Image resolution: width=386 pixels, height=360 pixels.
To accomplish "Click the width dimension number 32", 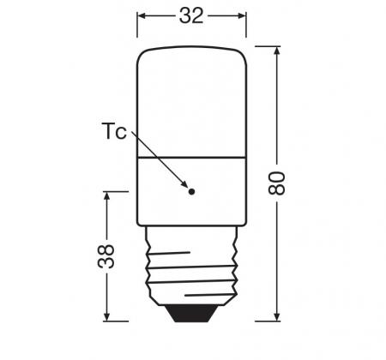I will click(x=191, y=15).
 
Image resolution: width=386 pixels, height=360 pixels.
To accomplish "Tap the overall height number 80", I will click(x=276, y=182).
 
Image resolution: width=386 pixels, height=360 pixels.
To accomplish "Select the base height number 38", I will click(x=106, y=256).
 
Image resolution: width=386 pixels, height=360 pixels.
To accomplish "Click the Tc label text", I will click(x=114, y=132).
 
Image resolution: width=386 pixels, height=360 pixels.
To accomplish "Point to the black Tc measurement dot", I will click(x=191, y=191).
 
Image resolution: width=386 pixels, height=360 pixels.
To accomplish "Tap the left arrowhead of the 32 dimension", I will click(x=142, y=15).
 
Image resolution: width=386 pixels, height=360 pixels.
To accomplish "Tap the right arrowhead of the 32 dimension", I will click(x=242, y=15).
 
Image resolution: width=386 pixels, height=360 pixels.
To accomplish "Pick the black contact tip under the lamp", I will click(x=191, y=312).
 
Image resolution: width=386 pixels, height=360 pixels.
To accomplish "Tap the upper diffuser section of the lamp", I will click(x=191, y=103).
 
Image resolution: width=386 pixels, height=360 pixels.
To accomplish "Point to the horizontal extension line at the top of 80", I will click(x=266, y=46).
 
